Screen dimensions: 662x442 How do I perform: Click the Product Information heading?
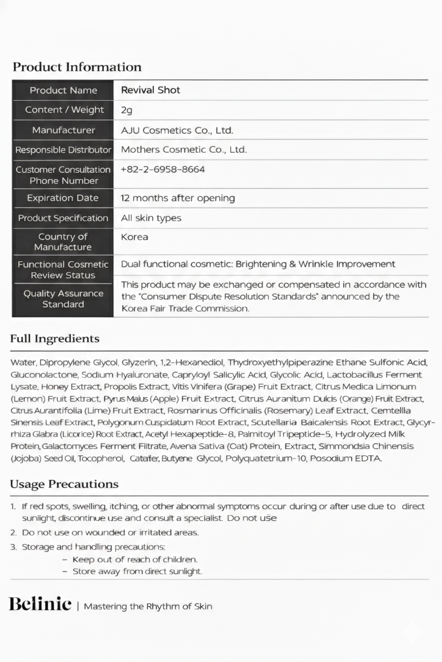pos(77,67)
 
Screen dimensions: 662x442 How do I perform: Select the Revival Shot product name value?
pos(150,90)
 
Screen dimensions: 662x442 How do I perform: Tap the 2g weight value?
pos(126,110)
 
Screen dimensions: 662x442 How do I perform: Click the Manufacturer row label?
pos(63,130)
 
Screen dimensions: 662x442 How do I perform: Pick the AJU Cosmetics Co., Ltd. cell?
pos(177,130)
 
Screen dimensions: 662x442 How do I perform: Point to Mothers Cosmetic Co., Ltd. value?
pos(184,150)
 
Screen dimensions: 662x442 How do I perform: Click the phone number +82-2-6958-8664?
pos(163,170)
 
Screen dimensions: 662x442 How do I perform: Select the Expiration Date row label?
pos(63,198)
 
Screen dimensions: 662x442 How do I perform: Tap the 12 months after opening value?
pos(177,198)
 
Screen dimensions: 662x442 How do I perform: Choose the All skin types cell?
pos(151,218)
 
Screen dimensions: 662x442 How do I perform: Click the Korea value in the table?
pos(134,237)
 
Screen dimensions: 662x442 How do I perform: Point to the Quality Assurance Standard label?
pos(63,299)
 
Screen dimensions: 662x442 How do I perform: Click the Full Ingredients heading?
pos(55,339)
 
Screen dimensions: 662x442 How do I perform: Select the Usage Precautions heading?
pos(64,484)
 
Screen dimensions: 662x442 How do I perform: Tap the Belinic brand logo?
pos(40,604)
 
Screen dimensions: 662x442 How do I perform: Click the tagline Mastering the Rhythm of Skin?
pos(148,606)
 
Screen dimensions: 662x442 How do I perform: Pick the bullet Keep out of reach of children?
pos(134,560)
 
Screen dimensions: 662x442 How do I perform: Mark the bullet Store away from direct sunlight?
pos(137,572)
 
